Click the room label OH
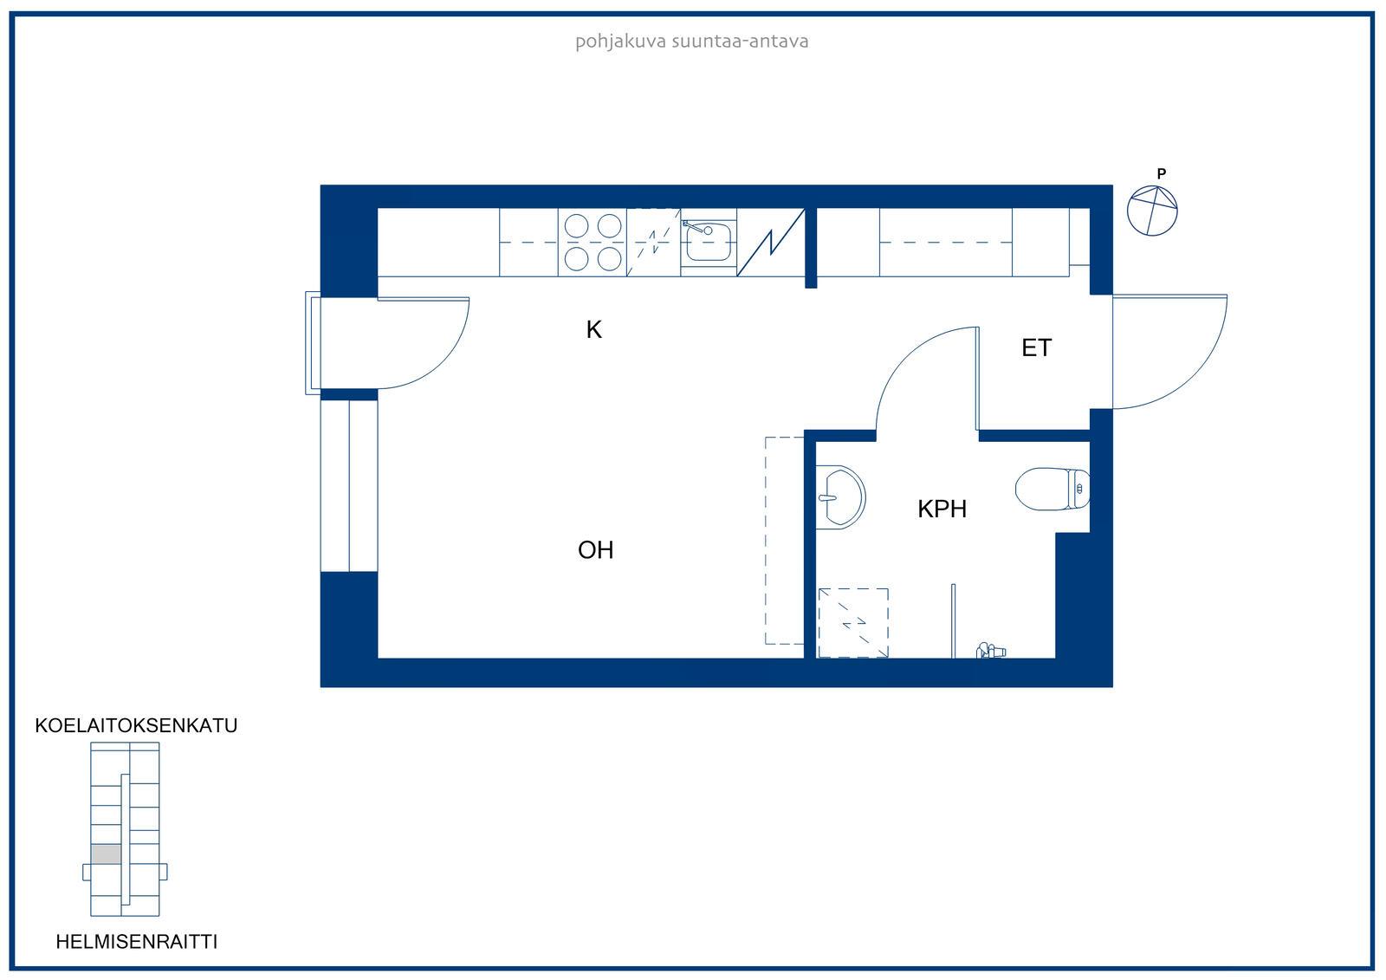(595, 549)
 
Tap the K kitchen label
(594, 330)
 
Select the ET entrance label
(1036, 348)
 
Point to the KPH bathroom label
(942, 509)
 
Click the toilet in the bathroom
(1052, 489)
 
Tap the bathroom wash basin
(839, 497)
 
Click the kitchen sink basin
(709, 241)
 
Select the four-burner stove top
(593, 242)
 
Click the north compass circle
(1152, 211)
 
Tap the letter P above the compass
(1162, 174)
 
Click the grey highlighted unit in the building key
(106, 854)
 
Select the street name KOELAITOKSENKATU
(136, 725)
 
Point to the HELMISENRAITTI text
(137, 942)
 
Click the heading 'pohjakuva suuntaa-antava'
(692, 42)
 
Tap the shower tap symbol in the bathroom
(991, 650)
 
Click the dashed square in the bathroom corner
(853, 623)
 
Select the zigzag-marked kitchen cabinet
(770, 242)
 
